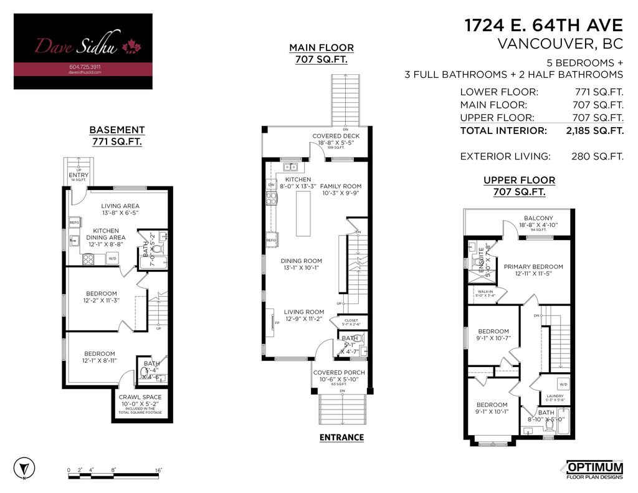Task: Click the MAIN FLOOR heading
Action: click(321, 48)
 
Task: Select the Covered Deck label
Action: click(336, 136)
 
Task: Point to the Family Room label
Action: click(341, 186)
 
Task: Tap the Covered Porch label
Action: click(339, 373)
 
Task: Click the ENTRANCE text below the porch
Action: click(341, 438)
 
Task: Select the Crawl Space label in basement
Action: click(140, 397)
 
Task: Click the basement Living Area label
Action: click(120, 206)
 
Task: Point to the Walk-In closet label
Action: click(485, 291)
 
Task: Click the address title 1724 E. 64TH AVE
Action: click(543, 26)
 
